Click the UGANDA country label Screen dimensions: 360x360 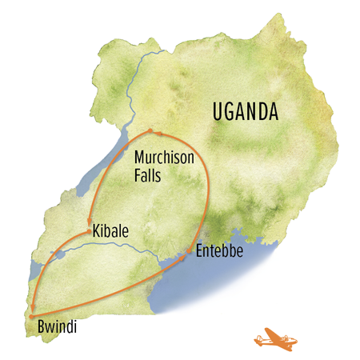click(246, 112)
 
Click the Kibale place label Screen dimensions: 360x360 click(112, 232)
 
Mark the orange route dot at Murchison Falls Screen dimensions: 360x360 click(150, 130)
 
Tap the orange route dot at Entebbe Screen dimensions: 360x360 click(190, 254)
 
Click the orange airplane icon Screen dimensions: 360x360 click(274, 338)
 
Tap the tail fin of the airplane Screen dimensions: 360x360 click(258, 332)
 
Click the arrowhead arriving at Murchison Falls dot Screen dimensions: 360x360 click(158, 132)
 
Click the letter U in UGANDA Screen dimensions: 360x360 click(218, 112)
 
